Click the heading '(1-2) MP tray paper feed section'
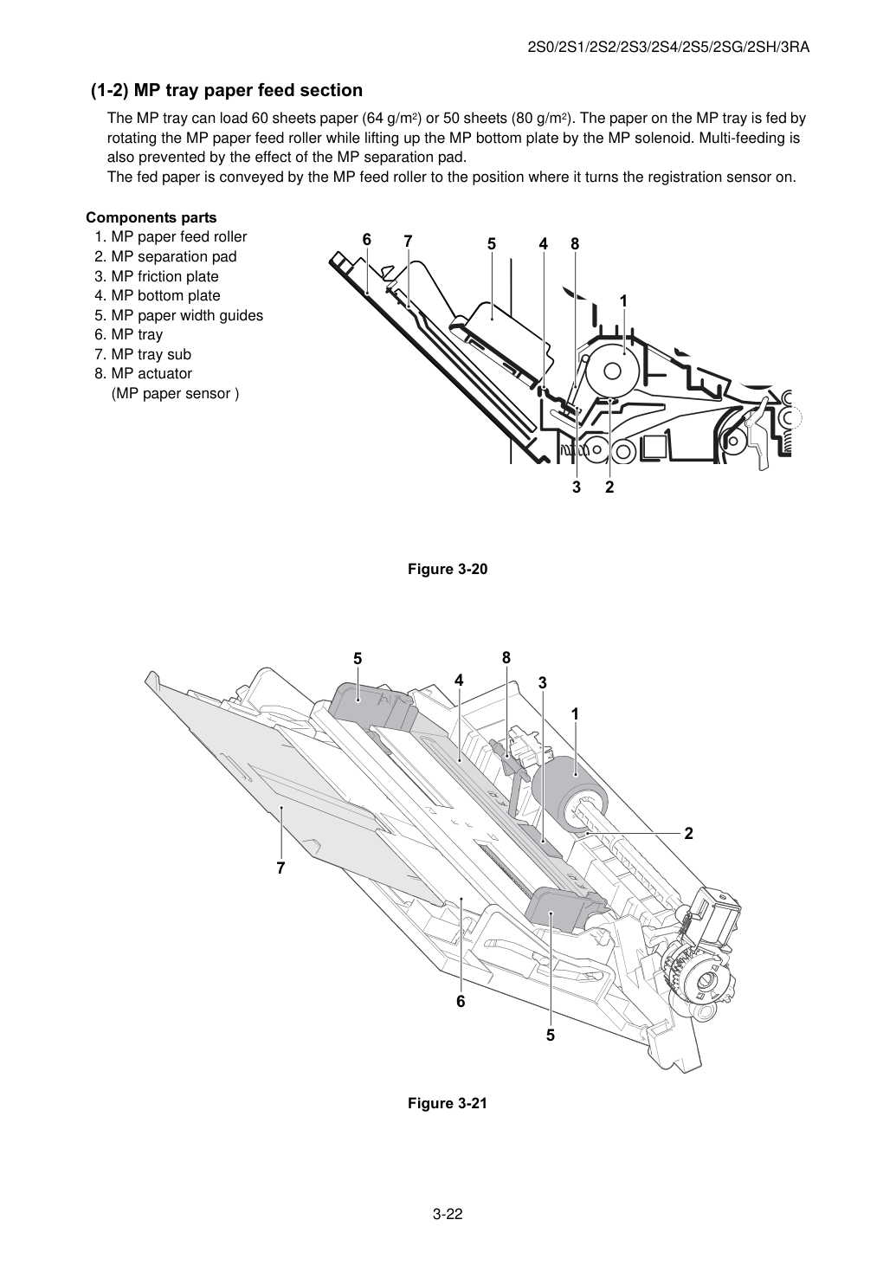227,90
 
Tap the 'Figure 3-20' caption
448,569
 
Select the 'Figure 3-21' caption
448,1103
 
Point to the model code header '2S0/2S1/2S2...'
668,48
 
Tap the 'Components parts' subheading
151,217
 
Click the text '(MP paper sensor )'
175,393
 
